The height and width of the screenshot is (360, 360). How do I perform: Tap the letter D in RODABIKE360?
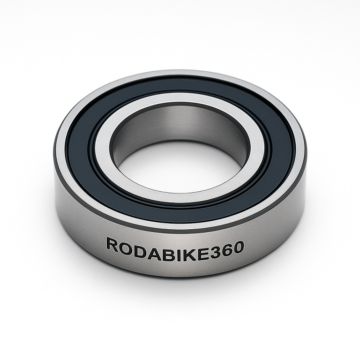pos(138,246)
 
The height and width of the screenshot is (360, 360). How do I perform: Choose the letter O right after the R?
pos(124,245)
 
